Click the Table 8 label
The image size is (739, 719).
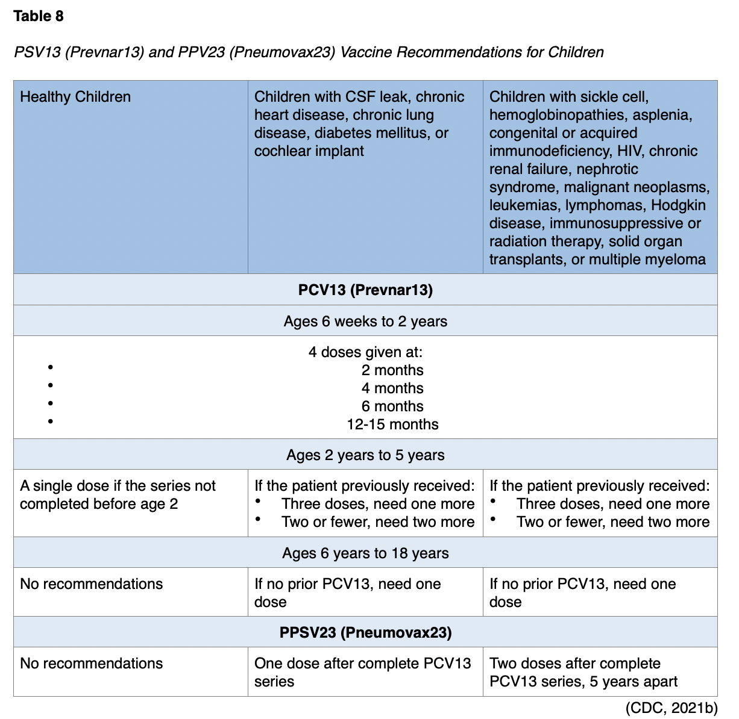[x=38, y=16]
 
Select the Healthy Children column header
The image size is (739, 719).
[x=75, y=97]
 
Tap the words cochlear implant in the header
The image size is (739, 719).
[x=309, y=151]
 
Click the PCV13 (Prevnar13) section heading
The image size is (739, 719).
[x=365, y=290]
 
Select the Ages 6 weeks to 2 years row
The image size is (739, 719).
[x=365, y=321]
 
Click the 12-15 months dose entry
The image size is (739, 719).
[x=392, y=425]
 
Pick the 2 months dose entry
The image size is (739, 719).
[x=392, y=370]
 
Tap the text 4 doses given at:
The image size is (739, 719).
[x=365, y=352]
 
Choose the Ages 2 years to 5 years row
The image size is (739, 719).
[x=365, y=455]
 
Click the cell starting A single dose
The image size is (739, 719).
[x=118, y=494]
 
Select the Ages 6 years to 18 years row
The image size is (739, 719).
[x=365, y=553]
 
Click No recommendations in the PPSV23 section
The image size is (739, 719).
[x=92, y=664]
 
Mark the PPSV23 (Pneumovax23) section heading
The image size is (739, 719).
[x=365, y=633]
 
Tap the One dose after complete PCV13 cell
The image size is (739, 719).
[x=362, y=672]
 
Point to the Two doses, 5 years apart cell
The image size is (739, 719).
[x=583, y=672]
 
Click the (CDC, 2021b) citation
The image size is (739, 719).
[x=671, y=708]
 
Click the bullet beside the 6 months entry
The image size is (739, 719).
[x=51, y=403]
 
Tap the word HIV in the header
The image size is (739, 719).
[x=630, y=151]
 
